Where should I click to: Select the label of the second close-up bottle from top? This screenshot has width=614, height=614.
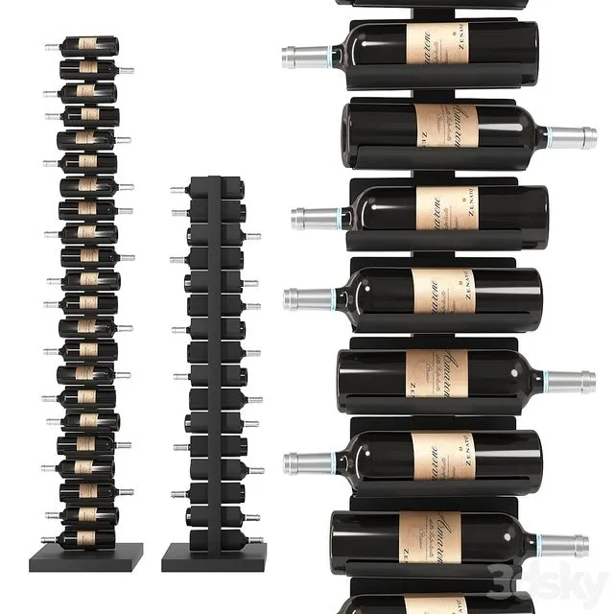[x=447, y=126]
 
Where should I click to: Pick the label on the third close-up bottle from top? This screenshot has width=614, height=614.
[x=446, y=206]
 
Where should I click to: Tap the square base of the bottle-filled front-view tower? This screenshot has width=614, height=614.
[x=90, y=555]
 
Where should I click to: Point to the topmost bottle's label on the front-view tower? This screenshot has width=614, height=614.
[x=88, y=45]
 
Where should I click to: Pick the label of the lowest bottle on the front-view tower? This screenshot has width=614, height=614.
[x=87, y=539]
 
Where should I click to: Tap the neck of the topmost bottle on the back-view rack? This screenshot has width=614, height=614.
[x=177, y=190]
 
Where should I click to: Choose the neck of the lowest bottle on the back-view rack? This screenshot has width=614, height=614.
[x=256, y=540]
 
